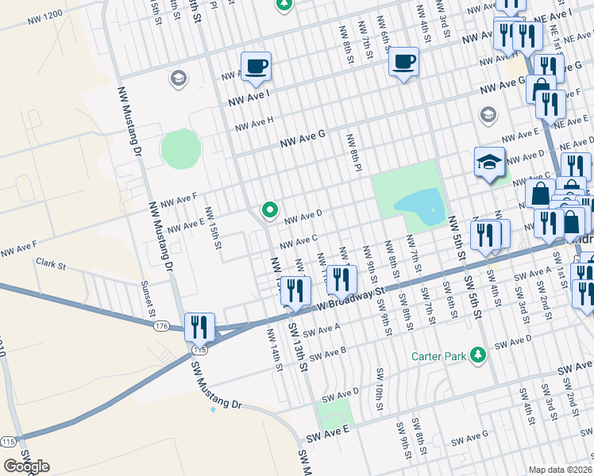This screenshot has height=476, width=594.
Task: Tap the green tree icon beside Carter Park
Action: [478, 354]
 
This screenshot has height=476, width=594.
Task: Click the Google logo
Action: [26, 466]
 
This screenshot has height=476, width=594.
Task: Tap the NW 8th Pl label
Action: [353, 152]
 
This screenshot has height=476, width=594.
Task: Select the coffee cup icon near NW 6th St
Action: [403, 61]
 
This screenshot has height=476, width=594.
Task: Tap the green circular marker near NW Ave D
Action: [269, 211]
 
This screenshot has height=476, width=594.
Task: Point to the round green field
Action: [182, 148]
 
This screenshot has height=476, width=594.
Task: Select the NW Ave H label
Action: [254, 124]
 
